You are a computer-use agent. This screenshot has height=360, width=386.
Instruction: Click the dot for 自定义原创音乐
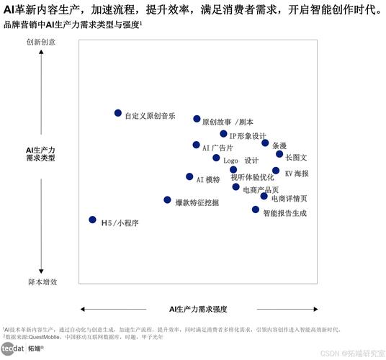118,113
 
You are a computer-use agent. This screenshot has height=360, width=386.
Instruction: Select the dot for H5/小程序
92,220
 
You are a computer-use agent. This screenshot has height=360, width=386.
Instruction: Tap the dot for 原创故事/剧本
197,119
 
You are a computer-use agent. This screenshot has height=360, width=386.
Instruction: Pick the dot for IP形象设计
223,134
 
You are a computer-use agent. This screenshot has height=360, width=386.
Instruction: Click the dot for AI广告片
196,145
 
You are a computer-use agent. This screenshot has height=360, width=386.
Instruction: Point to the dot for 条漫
265,143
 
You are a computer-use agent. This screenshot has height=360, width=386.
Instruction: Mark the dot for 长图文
279,154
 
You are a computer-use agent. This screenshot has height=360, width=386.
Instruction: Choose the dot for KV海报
276,171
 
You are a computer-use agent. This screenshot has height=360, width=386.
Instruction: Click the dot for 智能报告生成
256,210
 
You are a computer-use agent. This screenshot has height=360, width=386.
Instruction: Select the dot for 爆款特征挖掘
168,200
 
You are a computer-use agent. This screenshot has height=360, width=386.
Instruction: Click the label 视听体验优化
252,177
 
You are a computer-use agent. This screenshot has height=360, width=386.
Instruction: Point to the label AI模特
208,179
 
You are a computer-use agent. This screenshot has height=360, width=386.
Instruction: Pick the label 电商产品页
261,189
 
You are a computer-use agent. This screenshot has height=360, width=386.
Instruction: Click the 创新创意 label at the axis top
41,42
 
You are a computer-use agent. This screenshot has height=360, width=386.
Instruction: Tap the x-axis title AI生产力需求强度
198,309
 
